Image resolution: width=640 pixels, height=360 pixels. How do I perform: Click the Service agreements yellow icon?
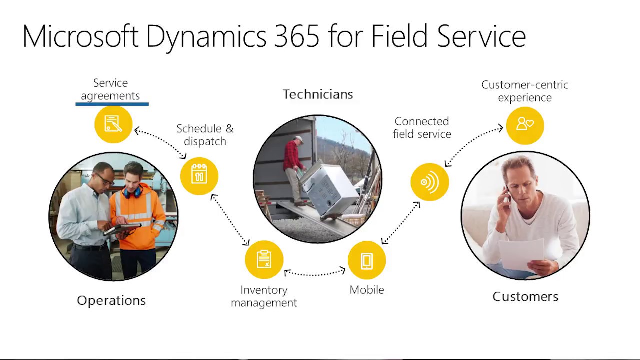click(x=113, y=124)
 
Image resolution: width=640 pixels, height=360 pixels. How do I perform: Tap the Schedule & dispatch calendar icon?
click(x=199, y=176)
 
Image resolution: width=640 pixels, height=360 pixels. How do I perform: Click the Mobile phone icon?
click(x=367, y=260)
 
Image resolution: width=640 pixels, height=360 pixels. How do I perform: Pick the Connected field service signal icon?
click(x=429, y=182)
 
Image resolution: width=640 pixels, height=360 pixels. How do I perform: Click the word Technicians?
click(x=318, y=94)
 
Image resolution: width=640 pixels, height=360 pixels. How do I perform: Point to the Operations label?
click(x=111, y=300)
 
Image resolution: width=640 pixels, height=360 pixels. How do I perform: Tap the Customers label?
click(x=525, y=296)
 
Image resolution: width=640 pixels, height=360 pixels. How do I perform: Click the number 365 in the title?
click(x=295, y=36)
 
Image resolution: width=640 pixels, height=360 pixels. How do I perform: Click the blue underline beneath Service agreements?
click(x=112, y=104)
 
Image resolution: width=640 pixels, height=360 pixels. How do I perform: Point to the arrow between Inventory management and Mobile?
click(x=315, y=273)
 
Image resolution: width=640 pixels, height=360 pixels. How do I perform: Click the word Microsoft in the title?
click(x=80, y=36)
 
